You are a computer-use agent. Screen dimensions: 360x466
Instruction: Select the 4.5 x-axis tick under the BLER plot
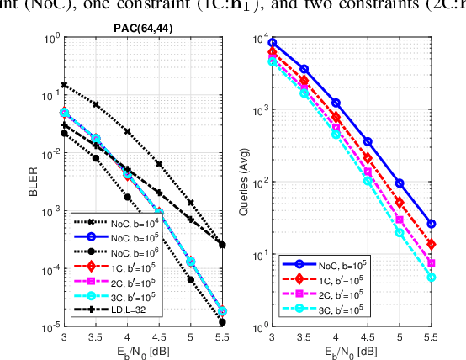click(159, 336)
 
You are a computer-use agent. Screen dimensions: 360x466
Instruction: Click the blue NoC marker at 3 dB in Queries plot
click(273, 42)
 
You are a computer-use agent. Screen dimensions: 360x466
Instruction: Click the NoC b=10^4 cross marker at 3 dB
click(65, 85)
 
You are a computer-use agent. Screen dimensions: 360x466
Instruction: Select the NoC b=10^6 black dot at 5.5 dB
click(221, 321)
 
